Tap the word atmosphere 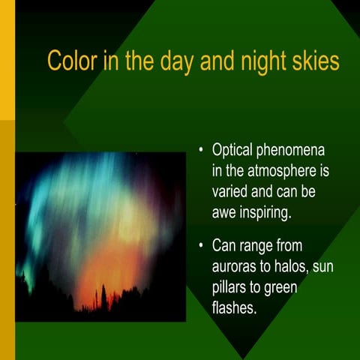(278, 172)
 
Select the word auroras (235, 265)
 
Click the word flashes (235, 307)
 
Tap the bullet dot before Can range (200, 245)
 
